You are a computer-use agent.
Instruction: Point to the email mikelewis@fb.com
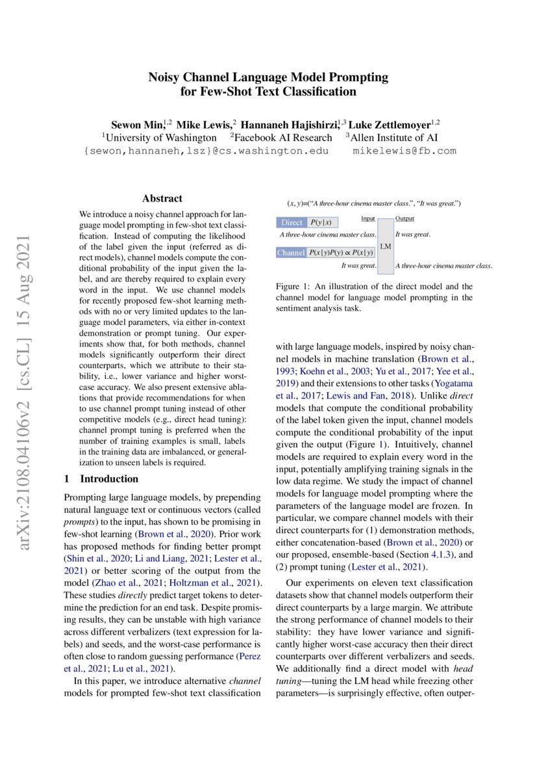pos(404,151)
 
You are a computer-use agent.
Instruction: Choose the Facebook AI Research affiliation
pos(284,137)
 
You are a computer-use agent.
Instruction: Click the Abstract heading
pos(162,198)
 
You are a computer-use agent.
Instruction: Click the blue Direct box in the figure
pos(292,222)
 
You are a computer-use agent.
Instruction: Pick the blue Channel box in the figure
pos(291,252)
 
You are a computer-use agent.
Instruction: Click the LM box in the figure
pos(385,246)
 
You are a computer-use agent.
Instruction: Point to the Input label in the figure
pos(368,219)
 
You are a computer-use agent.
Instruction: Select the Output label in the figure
pos(405,219)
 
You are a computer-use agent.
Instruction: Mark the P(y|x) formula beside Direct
pos(322,222)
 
